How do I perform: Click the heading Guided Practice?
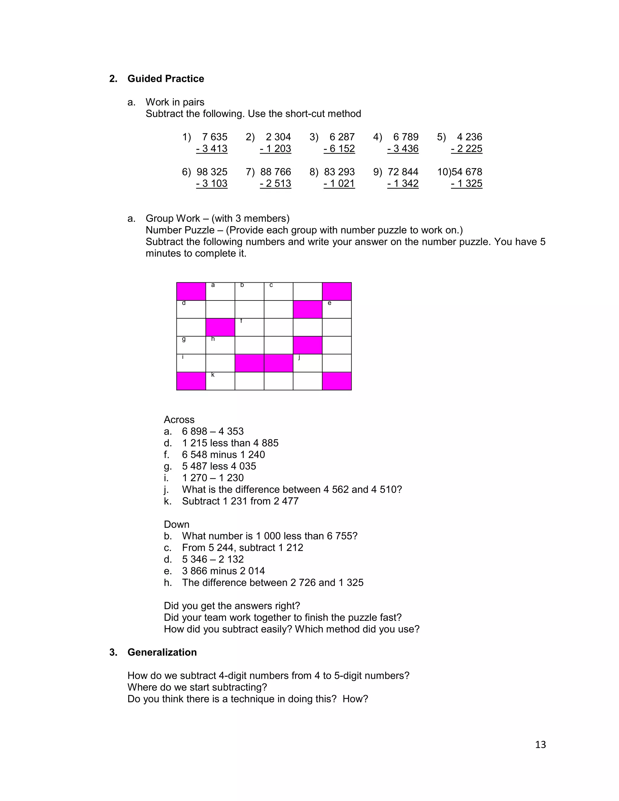point(165,79)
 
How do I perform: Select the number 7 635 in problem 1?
point(215,137)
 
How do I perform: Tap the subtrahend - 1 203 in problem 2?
point(275,149)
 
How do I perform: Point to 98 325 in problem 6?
point(212,172)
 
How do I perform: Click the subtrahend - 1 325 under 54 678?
point(466,184)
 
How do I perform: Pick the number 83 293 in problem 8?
point(339,172)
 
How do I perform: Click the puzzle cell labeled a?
point(220,292)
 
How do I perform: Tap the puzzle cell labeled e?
point(337,310)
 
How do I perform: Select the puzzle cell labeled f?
point(249,327)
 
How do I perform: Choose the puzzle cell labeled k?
point(220,381)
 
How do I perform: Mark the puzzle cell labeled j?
point(307,363)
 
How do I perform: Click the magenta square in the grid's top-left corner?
point(191,292)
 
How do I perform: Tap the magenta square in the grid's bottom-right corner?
point(337,381)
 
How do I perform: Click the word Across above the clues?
point(179,420)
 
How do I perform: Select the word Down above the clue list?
point(177,524)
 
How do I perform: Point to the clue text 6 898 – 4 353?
point(213,432)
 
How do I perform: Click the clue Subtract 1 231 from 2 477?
point(240,501)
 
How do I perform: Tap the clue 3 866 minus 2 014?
point(223,571)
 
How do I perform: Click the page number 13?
point(540,744)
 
